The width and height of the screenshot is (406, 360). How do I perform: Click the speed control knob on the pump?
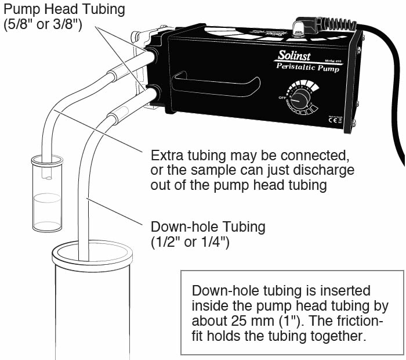300,98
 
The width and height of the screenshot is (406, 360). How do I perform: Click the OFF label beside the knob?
282,98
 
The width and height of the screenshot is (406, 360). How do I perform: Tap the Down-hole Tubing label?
208,226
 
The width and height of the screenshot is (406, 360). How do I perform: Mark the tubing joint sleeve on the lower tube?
117,116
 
